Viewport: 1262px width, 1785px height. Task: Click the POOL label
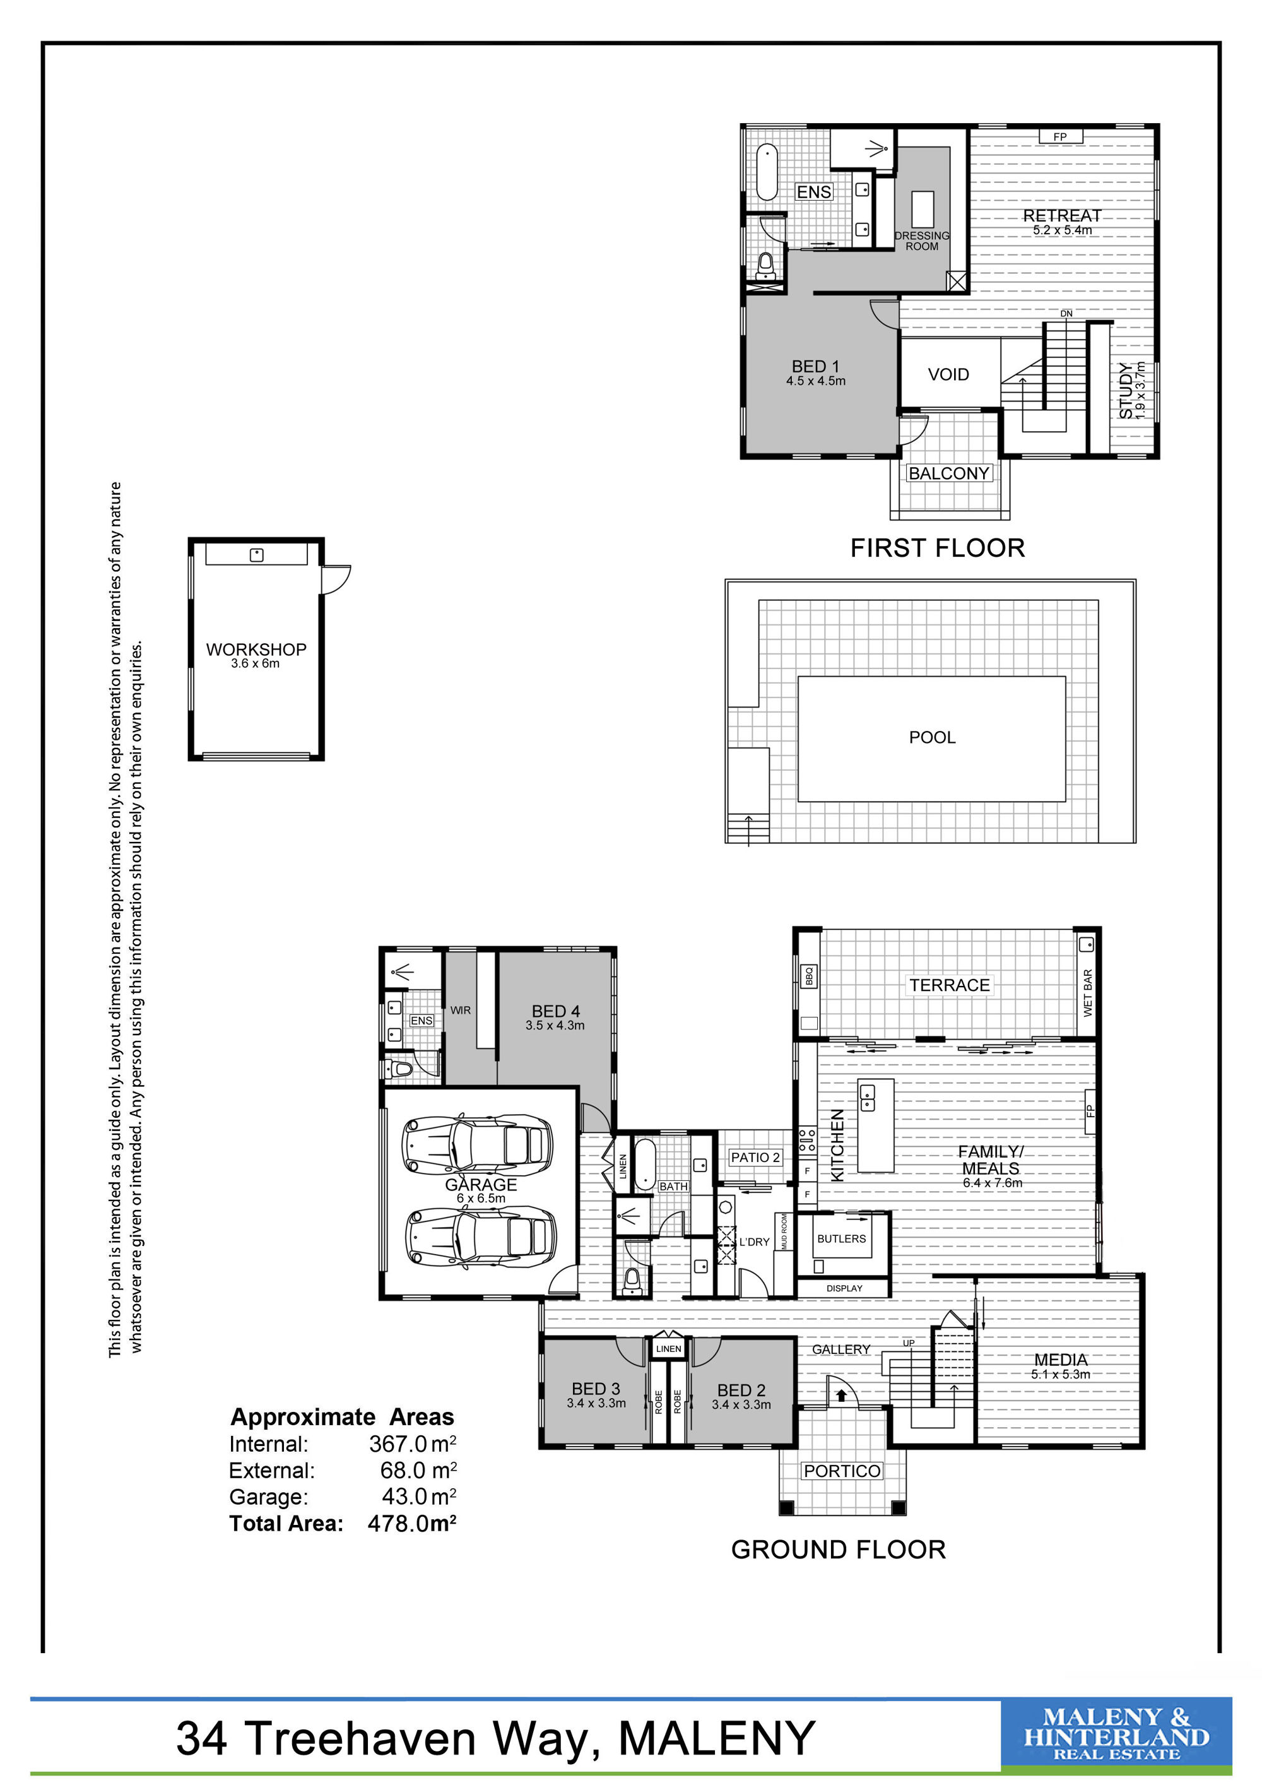[932, 737]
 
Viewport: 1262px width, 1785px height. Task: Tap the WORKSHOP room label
[256, 649]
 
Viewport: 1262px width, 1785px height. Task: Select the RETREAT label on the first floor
[1061, 215]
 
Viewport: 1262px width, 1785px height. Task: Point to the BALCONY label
[949, 473]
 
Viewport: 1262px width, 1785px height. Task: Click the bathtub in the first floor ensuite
[767, 172]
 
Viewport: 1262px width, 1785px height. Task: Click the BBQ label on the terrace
[808, 976]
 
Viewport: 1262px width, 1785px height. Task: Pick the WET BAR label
[1087, 993]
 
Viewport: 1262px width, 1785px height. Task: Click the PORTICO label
[842, 1471]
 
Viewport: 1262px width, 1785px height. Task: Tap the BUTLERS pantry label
[842, 1238]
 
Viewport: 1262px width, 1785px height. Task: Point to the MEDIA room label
[1061, 1360]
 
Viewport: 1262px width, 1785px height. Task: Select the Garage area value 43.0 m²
[419, 1497]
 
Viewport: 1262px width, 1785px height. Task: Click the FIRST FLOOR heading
[937, 548]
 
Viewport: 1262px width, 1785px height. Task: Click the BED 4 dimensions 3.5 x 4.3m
[555, 1026]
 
